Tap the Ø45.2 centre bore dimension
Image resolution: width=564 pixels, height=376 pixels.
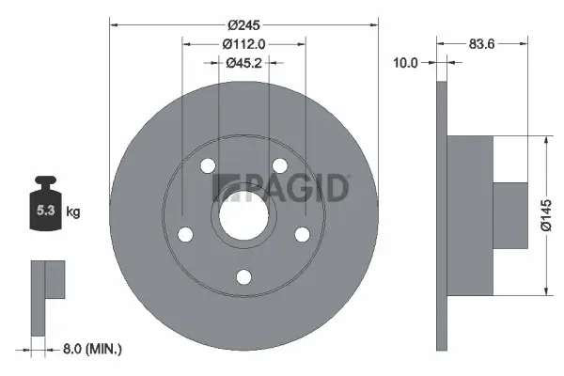[x=243, y=63]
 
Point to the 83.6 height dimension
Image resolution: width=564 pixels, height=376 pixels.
[x=482, y=41]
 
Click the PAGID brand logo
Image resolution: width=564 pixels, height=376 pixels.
[x=282, y=187]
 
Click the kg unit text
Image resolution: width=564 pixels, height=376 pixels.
[x=73, y=213]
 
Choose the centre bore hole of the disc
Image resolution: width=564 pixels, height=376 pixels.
[x=243, y=215]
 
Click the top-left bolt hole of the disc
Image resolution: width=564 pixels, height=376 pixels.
[x=208, y=166]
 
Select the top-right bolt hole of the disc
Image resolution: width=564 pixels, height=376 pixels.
[x=279, y=166]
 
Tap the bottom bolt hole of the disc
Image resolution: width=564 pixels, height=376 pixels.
[x=243, y=275]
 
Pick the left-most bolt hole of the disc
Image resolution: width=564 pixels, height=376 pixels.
[x=185, y=234]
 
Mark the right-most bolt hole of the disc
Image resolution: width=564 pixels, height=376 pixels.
[x=302, y=234]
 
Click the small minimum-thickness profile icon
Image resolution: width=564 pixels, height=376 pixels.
[x=46, y=295]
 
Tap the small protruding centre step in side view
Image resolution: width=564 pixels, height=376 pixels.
[x=511, y=215]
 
